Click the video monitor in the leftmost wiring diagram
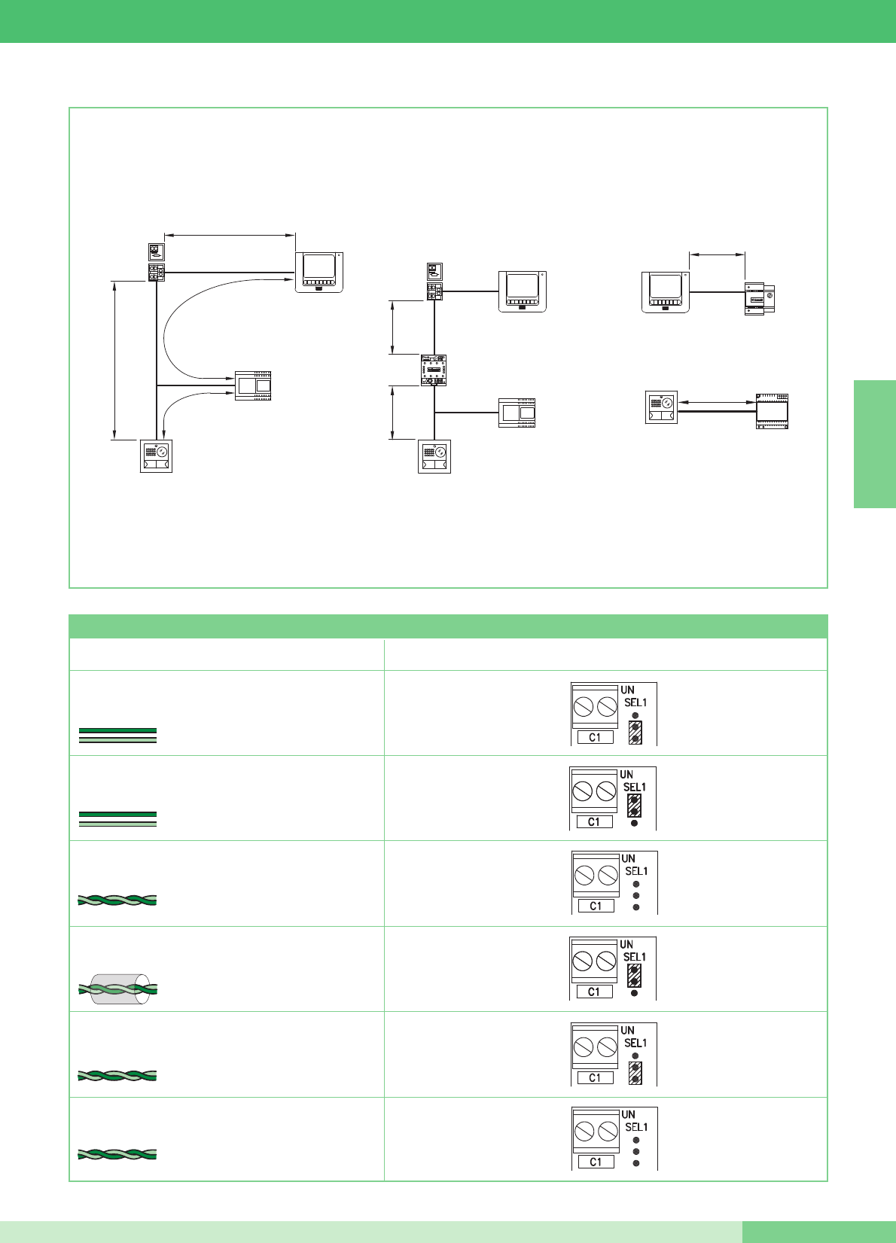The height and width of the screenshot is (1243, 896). coord(319,272)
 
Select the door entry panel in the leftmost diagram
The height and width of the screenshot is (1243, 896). coord(156,456)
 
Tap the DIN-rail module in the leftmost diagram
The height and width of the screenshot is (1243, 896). coord(253,385)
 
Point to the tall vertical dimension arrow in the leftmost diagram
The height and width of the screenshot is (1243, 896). coord(114,360)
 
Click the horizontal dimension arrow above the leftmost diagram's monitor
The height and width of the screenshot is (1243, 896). coord(230,236)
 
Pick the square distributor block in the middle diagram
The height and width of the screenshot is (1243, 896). coord(434,370)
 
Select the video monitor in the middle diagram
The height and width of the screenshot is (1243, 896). coord(522,291)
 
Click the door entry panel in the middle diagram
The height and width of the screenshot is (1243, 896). coord(434,457)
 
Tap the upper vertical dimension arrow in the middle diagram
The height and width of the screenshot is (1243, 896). coord(393,328)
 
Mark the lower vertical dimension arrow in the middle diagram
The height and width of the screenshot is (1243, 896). coord(393,413)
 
